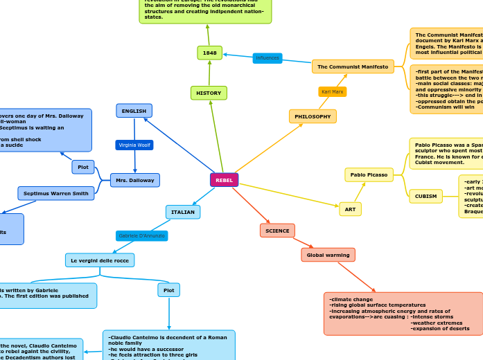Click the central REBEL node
(224, 180)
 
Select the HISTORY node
(209, 93)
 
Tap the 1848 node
(209, 53)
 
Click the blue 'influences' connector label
(267, 58)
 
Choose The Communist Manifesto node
(353, 66)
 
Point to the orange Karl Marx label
(333, 91)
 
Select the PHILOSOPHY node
(313, 116)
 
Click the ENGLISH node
(134, 111)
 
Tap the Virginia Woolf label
(134, 145)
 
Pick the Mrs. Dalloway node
(134, 180)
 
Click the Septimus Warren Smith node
(56, 193)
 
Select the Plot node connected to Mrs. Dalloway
(83, 167)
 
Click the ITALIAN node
(183, 212)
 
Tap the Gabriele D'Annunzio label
(142, 236)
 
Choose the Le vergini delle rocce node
(100, 260)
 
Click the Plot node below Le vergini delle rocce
(168, 290)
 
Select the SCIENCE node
(277, 231)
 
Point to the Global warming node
(328, 255)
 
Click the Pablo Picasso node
(369, 174)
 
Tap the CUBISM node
(425, 196)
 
